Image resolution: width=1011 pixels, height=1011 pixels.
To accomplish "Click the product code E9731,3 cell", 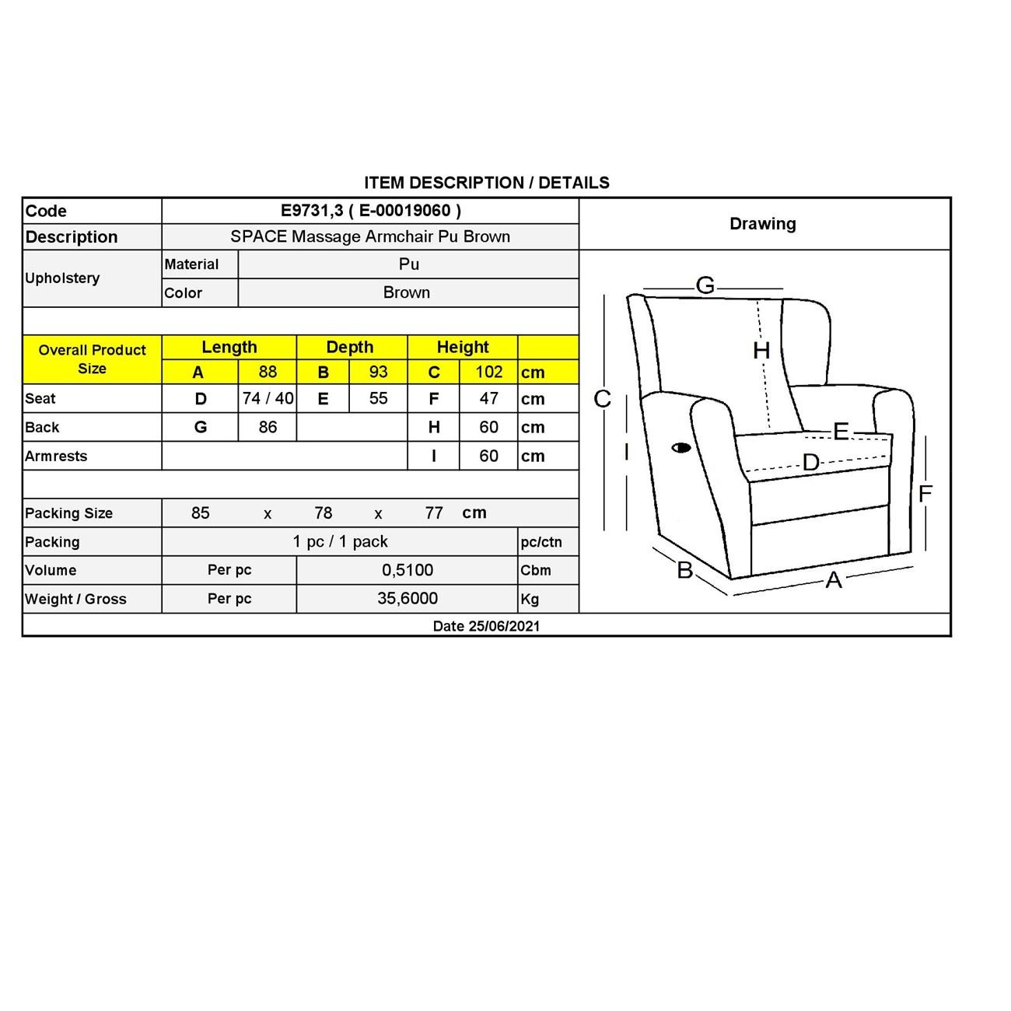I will pos(370,211).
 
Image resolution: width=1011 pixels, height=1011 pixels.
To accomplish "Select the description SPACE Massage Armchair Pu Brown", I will pos(370,236).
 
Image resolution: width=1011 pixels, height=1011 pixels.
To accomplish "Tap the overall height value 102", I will pos(489,372).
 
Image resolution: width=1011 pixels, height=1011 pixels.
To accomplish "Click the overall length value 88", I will pos(268,372).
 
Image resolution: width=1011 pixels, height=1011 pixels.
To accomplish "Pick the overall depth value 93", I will pos(378,372).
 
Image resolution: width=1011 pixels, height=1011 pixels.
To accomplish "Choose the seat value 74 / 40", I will pos(268,399).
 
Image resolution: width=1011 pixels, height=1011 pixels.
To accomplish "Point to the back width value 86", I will pos(268,427).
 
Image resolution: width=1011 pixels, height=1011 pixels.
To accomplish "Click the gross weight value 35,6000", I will pos(408,598).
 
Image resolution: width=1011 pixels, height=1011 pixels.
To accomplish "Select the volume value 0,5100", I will pos(408,570).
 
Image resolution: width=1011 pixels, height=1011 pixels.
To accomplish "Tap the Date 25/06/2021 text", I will pos(486,626).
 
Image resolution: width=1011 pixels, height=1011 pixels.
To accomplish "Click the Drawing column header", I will pos(762,224).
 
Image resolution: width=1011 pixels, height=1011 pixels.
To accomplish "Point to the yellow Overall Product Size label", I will pos(92,359).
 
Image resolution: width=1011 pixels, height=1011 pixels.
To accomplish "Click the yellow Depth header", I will pos(350,347).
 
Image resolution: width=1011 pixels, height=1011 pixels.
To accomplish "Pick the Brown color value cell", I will pos(407,292).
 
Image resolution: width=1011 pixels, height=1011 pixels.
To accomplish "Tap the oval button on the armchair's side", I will pos(681,447).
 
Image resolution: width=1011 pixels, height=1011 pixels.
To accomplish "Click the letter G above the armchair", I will pos(705,285).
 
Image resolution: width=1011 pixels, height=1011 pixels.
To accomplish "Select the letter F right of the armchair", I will pos(925,494).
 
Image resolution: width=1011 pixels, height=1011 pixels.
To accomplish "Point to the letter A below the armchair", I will pos(834,580).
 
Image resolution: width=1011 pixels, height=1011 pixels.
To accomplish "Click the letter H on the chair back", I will pos(761,351).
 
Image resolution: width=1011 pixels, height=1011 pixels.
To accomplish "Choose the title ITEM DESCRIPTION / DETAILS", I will pos(487,183).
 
